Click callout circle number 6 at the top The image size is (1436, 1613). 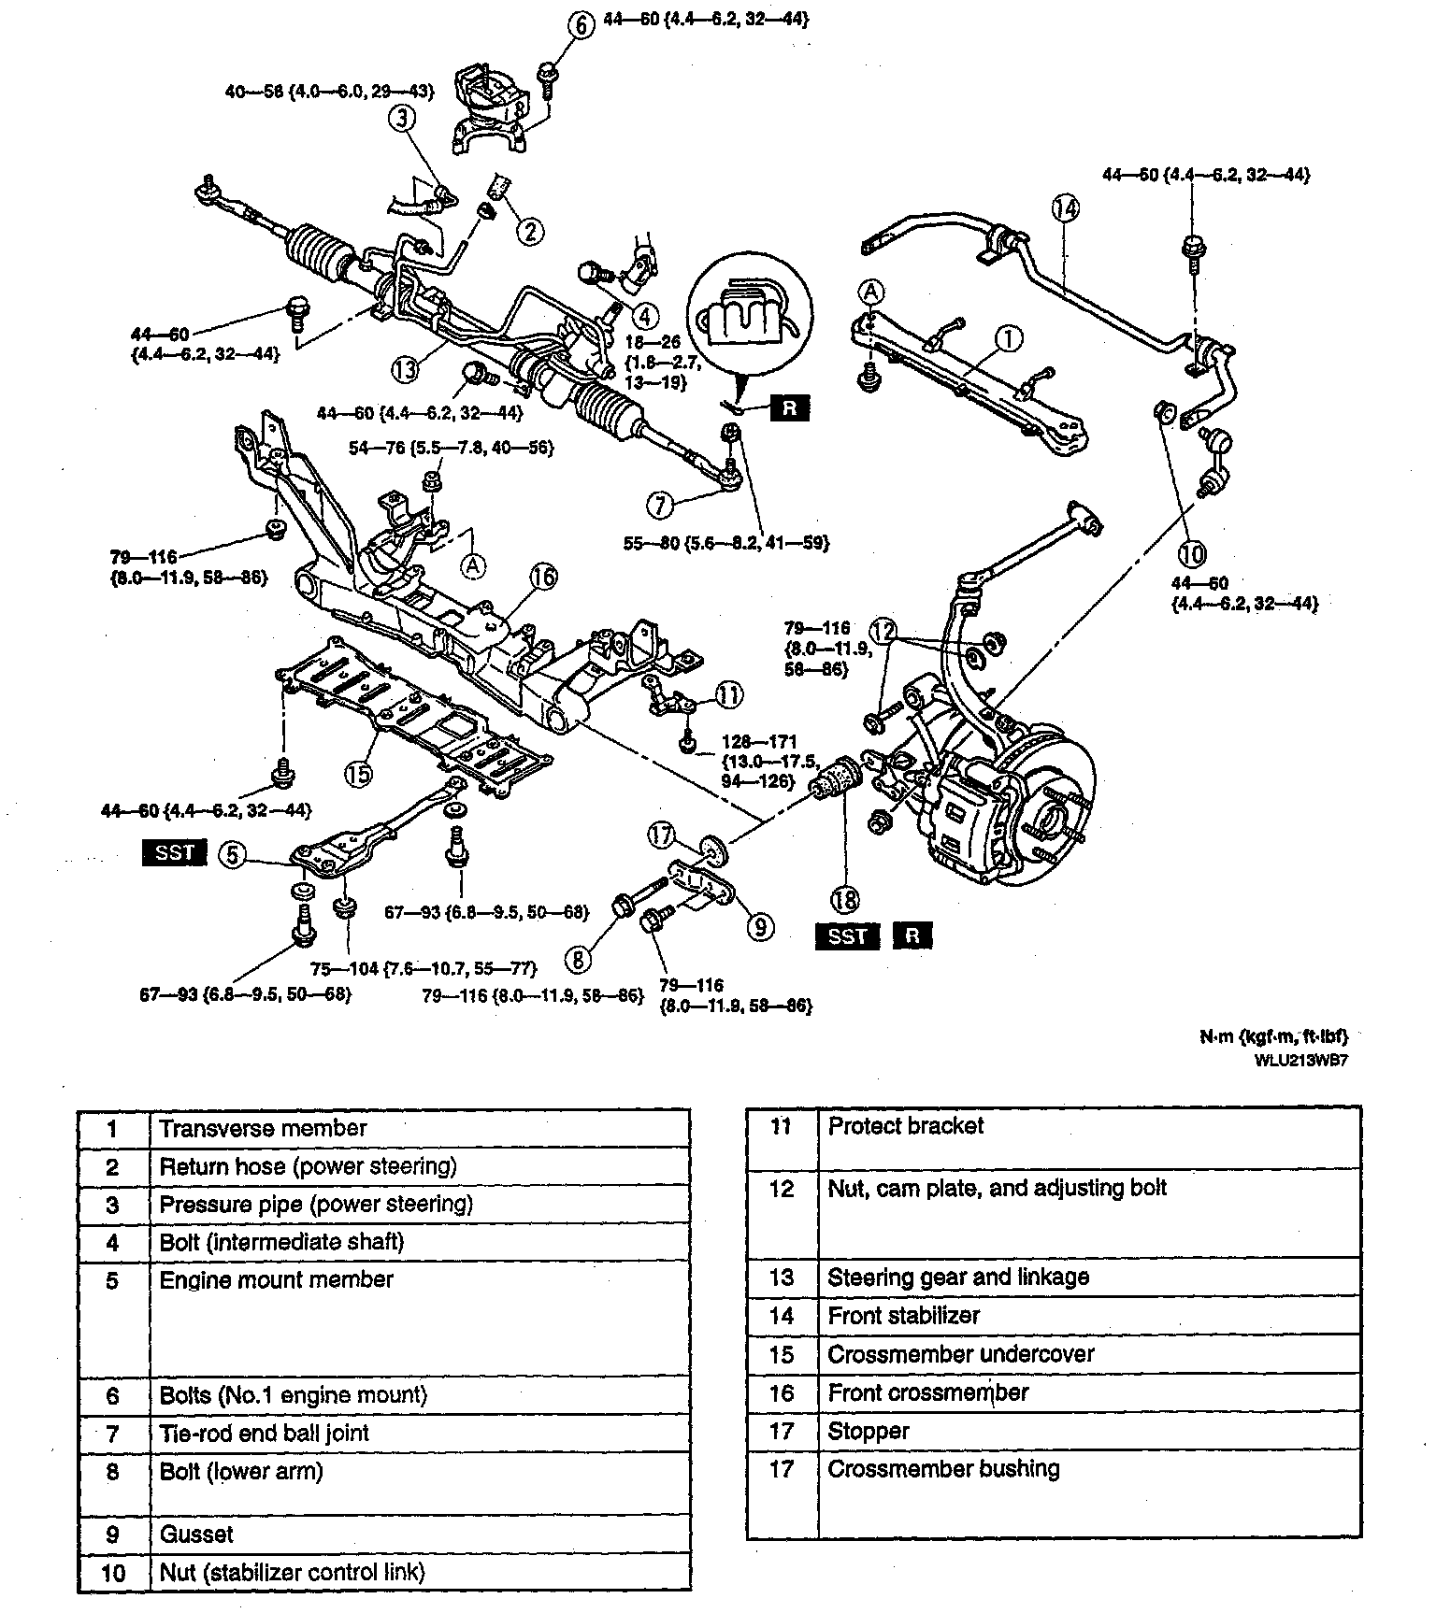click(581, 25)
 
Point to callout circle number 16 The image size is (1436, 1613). click(543, 578)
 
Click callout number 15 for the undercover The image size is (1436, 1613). click(358, 773)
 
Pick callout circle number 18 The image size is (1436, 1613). click(845, 899)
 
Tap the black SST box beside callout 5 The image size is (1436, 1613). click(175, 852)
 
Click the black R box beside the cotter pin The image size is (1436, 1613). click(788, 408)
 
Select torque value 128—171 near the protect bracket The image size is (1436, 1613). click(759, 743)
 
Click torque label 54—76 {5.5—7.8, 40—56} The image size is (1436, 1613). click(451, 449)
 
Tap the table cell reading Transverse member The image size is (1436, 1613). click(263, 1128)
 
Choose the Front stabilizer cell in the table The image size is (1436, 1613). click(903, 1316)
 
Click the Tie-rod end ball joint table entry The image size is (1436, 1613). click(264, 1433)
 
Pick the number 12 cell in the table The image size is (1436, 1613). click(781, 1189)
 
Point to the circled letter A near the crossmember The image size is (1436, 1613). click(473, 564)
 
